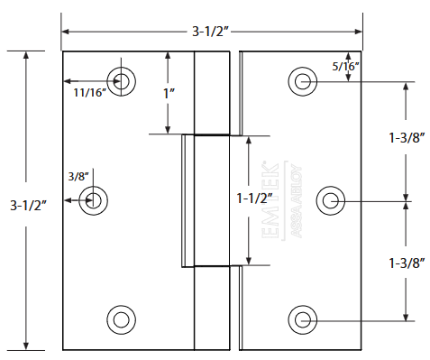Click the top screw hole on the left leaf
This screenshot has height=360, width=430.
(121, 80)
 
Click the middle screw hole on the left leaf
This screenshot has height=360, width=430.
(93, 200)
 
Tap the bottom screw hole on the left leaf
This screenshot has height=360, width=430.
(121, 318)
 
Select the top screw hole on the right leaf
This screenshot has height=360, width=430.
(303, 82)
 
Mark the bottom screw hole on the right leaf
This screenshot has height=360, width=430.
(303, 318)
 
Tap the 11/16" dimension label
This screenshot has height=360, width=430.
(90, 91)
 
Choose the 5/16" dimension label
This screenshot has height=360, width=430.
(346, 66)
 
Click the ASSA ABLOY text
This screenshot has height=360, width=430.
(294, 202)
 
